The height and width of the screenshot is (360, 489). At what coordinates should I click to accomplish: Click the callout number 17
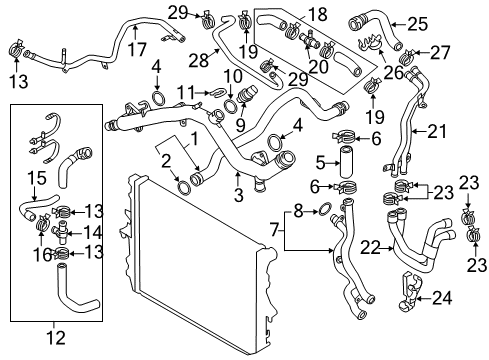coord(137,50)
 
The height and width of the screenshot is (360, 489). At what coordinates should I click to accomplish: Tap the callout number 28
coord(199,61)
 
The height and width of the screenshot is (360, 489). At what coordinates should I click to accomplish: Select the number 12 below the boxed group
coord(56,337)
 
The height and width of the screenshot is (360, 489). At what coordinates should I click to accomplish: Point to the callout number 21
coord(437,131)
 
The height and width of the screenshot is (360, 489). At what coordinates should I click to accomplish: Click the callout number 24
coord(442,298)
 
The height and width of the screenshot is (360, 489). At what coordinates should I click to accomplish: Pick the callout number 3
coord(239,195)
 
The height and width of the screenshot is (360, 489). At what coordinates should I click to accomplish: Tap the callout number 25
coord(417,24)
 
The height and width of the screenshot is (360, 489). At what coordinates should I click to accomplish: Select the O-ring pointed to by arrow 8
coord(325,208)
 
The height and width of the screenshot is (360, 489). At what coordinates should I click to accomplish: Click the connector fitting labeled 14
coord(60,231)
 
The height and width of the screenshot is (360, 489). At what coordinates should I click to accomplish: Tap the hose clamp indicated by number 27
coord(406,57)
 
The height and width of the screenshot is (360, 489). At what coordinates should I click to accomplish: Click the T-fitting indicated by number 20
coord(309,39)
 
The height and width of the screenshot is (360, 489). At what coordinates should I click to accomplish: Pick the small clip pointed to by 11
coord(217,92)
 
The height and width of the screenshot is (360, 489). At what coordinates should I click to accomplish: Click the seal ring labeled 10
coord(230,105)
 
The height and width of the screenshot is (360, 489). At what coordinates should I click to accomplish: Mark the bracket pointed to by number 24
coord(410,291)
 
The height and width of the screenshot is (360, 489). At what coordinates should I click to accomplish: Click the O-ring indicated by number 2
coord(183,187)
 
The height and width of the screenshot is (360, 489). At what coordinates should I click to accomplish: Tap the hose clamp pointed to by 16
coord(42,223)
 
